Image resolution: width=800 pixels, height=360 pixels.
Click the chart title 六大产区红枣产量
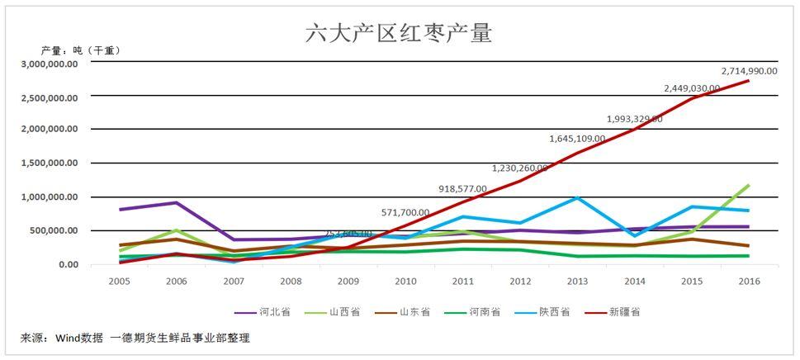click(399, 33)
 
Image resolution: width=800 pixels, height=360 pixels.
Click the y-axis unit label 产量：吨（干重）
click(81, 50)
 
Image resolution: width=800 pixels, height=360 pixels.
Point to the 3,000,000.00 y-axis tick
click(50, 64)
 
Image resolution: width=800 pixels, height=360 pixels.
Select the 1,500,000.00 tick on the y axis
click(50, 163)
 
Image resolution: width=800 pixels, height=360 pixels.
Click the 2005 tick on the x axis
click(120, 282)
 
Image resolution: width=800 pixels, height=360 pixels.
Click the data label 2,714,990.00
click(749, 71)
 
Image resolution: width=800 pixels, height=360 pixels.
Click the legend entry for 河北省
click(267, 312)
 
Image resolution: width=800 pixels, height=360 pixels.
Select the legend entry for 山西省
click(336, 312)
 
